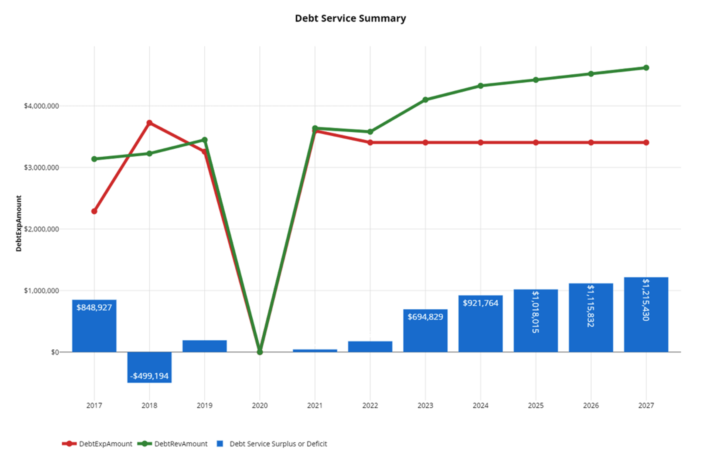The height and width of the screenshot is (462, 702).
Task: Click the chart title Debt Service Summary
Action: click(x=350, y=18)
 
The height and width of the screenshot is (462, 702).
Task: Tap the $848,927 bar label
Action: click(x=94, y=307)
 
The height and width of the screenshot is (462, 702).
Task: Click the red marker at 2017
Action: click(x=94, y=211)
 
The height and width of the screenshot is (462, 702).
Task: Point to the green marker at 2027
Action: click(x=646, y=68)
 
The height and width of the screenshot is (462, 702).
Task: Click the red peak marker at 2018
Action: click(x=149, y=123)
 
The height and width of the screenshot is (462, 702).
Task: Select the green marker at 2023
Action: click(x=425, y=100)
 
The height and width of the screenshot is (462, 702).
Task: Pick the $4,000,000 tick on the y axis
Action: click(x=41, y=106)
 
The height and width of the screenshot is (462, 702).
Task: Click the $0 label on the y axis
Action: click(x=55, y=352)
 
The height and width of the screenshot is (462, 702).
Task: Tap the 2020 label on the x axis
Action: click(x=260, y=405)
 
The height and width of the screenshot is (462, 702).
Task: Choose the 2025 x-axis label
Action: click(x=536, y=405)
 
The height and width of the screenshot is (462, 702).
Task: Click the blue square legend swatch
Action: click(x=220, y=444)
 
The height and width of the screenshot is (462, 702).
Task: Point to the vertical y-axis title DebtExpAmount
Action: click(x=19, y=223)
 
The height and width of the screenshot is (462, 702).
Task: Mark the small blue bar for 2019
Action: click(x=204, y=346)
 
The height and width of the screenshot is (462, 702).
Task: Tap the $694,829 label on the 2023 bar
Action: click(x=425, y=317)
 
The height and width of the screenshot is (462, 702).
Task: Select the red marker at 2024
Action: click(x=480, y=142)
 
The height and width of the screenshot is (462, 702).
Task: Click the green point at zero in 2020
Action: click(x=260, y=352)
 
